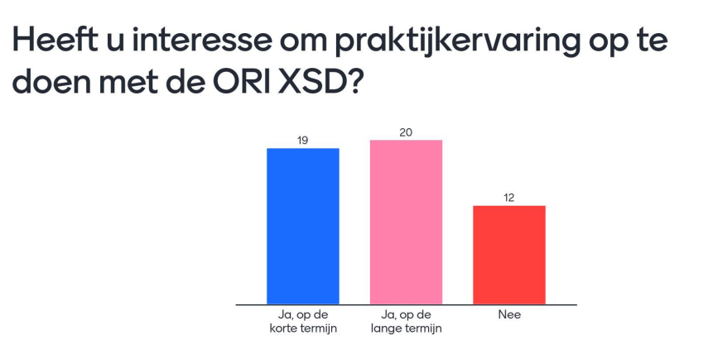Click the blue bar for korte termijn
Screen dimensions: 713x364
coord(303,226)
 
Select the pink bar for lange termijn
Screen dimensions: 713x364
coord(406,222)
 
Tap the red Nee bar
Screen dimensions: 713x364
coord(509,255)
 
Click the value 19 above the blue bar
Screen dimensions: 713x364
coord(303,141)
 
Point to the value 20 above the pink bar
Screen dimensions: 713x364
coord(406,132)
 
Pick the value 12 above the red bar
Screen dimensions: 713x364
coord(508,198)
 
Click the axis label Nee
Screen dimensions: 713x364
coord(509,314)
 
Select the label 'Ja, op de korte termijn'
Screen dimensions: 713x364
coord(303,322)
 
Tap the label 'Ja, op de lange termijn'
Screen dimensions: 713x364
coord(406,322)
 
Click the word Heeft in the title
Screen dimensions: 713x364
coord(54,40)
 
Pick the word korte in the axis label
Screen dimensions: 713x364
coord(282,328)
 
